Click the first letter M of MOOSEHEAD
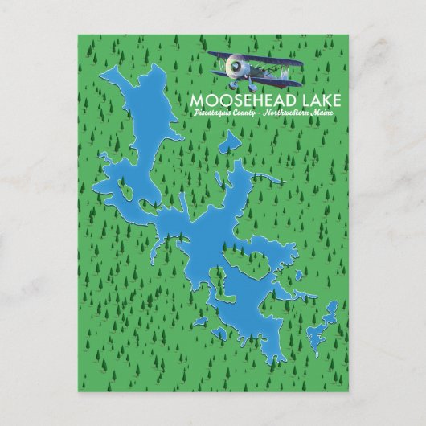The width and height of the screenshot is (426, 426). (x=196, y=102)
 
